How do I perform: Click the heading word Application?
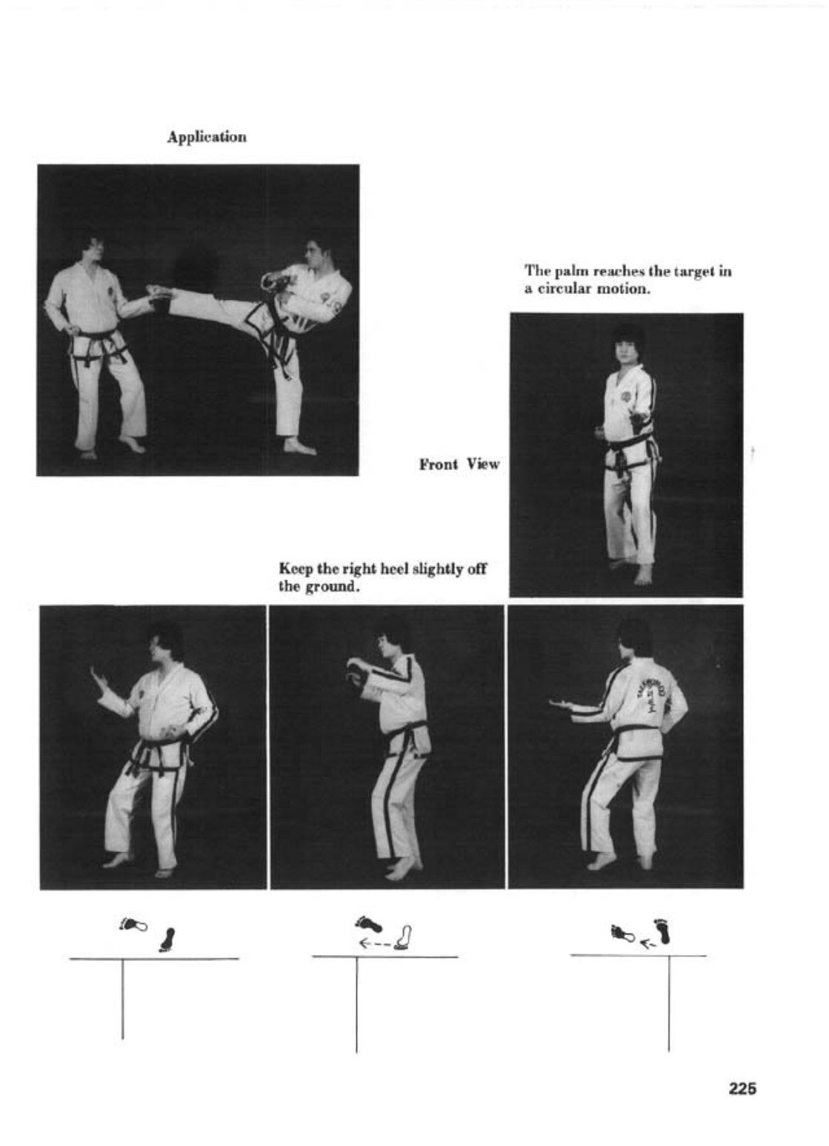click(207, 137)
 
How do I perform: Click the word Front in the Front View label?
click(439, 464)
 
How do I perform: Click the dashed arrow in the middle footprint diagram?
click(376, 942)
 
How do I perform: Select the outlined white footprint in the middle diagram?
click(402, 936)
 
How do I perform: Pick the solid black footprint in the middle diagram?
click(369, 924)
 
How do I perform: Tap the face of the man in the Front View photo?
click(627, 351)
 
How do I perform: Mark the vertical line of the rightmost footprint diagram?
click(669, 1002)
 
